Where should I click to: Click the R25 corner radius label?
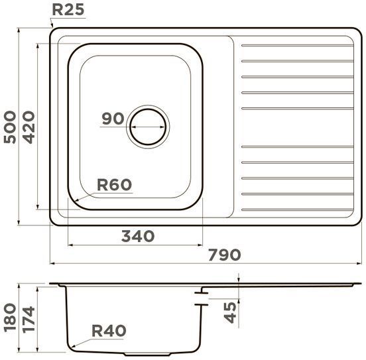click(68, 10)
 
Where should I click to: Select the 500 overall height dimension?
click(10, 127)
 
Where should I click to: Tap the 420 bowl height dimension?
click(29, 127)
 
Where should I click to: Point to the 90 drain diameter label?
click(113, 119)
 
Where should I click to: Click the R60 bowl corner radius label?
click(114, 185)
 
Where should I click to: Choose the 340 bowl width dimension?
click(138, 236)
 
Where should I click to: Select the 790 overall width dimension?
click(224, 255)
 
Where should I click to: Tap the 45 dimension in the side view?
click(230, 313)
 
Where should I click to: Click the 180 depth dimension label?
click(10, 318)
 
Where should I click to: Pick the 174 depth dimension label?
click(29, 319)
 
